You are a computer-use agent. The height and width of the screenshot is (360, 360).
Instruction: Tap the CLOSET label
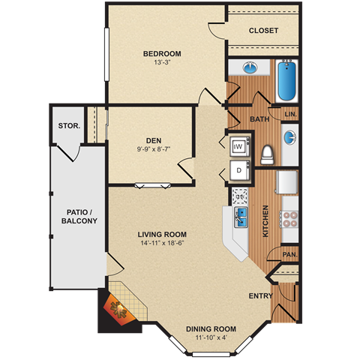click(x=262, y=31)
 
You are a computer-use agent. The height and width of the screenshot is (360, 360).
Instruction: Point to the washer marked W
click(x=239, y=146)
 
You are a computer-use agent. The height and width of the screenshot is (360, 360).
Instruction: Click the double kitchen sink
click(x=242, y=217)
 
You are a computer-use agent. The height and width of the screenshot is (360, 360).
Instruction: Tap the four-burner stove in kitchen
click(x=289, y=218)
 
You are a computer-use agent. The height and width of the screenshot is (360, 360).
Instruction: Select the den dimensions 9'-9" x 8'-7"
click(x=153, y=148)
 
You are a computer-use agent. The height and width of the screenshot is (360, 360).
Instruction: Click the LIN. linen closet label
click(x=292, y=114)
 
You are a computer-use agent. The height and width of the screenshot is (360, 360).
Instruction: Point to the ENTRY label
click(x=260, y=295)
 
